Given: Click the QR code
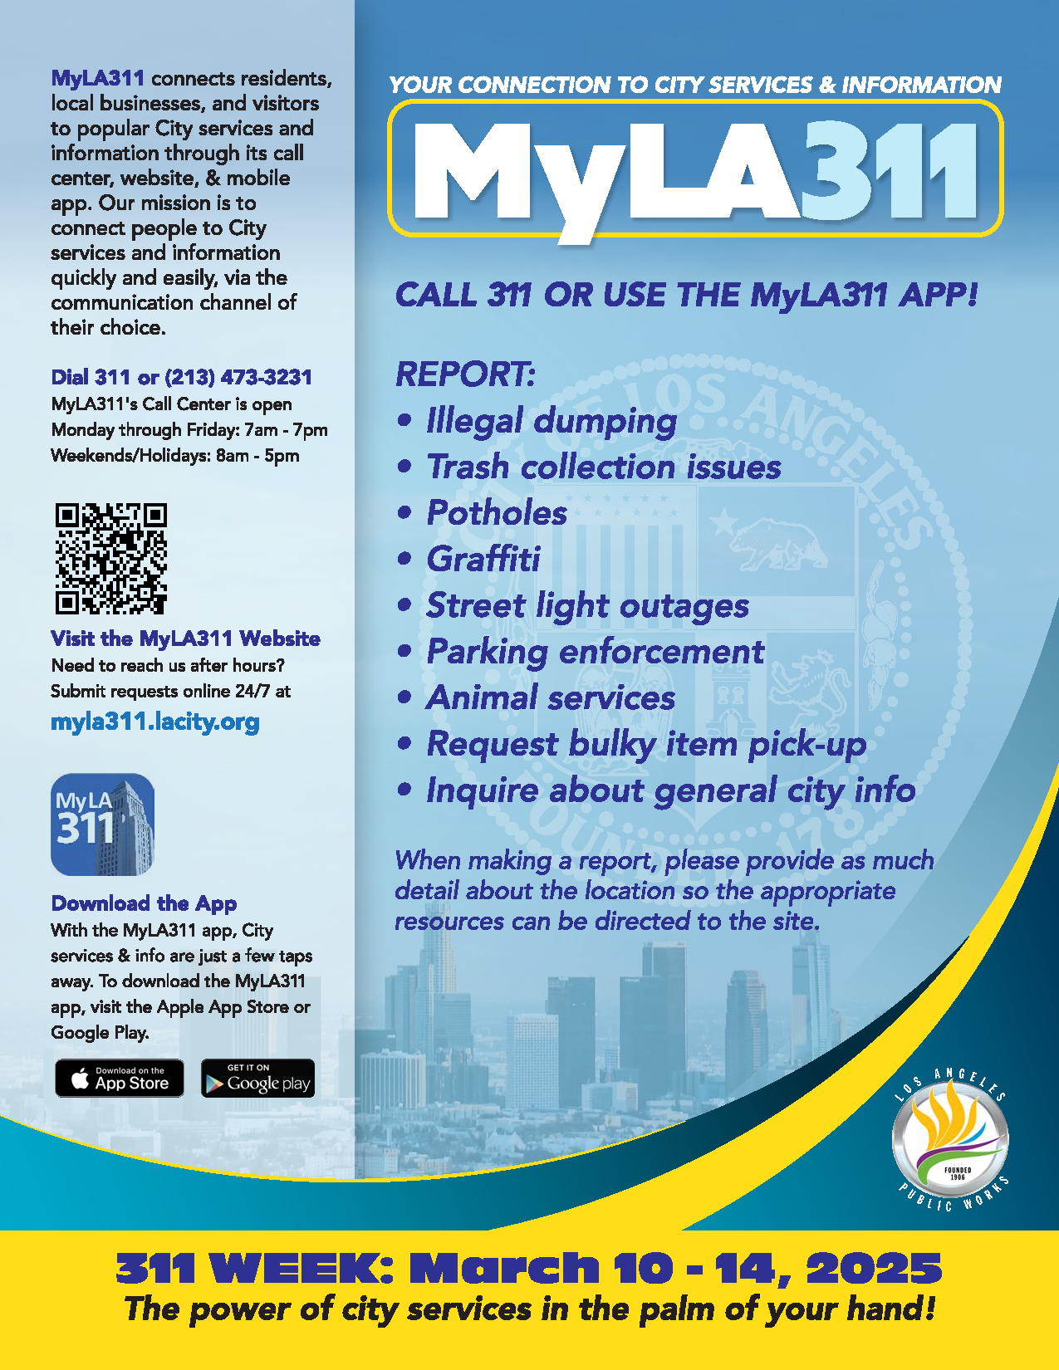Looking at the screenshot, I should (x=110, y=558).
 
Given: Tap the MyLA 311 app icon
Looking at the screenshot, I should (x=103, y=824).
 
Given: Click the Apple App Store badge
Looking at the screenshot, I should (x=120, y=1079).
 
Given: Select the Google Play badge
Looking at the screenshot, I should (x=257, y=1079).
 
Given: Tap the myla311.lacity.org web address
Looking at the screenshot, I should (x=155, y=722).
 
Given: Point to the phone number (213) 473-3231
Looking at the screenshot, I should (x=238, y=378).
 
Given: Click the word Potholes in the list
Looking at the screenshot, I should (x=497, y=513).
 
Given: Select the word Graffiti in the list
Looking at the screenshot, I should (x=483, y=560).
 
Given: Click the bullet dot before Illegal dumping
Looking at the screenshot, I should (x=404, y=420).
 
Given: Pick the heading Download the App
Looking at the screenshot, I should (x=144, y=903).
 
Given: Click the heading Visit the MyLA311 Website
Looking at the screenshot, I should (x=185, y=639).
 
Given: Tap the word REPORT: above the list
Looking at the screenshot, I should (x=465, y=374).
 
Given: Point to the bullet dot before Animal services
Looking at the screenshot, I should (x=404, y=697).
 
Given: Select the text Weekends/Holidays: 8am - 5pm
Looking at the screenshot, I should (x=175, y=456).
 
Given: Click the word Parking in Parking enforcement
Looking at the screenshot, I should (x=487, y=652).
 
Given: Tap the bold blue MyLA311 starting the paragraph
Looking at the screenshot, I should (x=98, y=79).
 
